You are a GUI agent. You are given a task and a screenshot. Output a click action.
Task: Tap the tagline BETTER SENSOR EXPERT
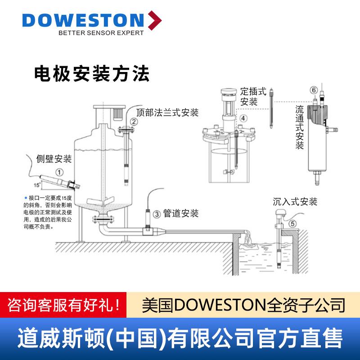point(101,33)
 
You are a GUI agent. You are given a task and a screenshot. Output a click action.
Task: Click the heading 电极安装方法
point(92,74)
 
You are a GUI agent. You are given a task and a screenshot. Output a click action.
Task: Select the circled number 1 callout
point(59,172)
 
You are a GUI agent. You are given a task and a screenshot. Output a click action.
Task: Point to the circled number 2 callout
point(134,121)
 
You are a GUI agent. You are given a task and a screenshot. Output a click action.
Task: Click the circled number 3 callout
point(156,215)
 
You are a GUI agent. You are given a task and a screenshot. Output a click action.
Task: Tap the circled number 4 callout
point(243,118)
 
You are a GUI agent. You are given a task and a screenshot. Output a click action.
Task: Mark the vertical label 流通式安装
point(300,127)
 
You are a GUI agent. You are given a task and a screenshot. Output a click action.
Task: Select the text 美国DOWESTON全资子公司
point(243,304)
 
